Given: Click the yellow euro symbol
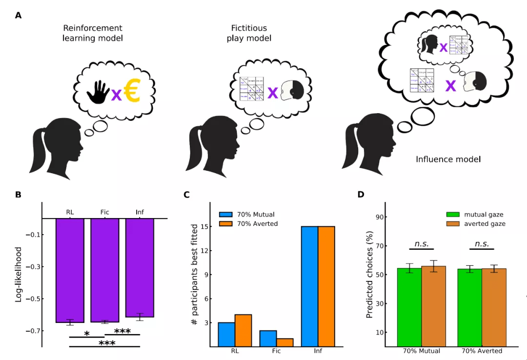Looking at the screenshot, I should click(x=132, y=92).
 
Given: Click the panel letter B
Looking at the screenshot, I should click(x=18, y=195).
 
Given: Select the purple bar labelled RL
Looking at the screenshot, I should click(x=70, y=270).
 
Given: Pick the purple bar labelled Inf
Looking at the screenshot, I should click(x=140, y=268).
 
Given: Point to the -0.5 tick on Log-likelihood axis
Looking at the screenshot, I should click(x=35, y=299).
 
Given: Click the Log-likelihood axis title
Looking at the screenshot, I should click(x=19, y=274).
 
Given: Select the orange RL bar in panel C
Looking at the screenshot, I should click(x=243, y=330).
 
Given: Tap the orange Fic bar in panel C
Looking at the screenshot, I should click(x=284, y=342).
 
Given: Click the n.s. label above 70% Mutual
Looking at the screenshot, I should click(x=421, y=244).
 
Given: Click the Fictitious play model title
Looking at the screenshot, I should click(x=249, y=33).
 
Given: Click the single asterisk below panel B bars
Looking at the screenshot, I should click(x=87, y=334).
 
